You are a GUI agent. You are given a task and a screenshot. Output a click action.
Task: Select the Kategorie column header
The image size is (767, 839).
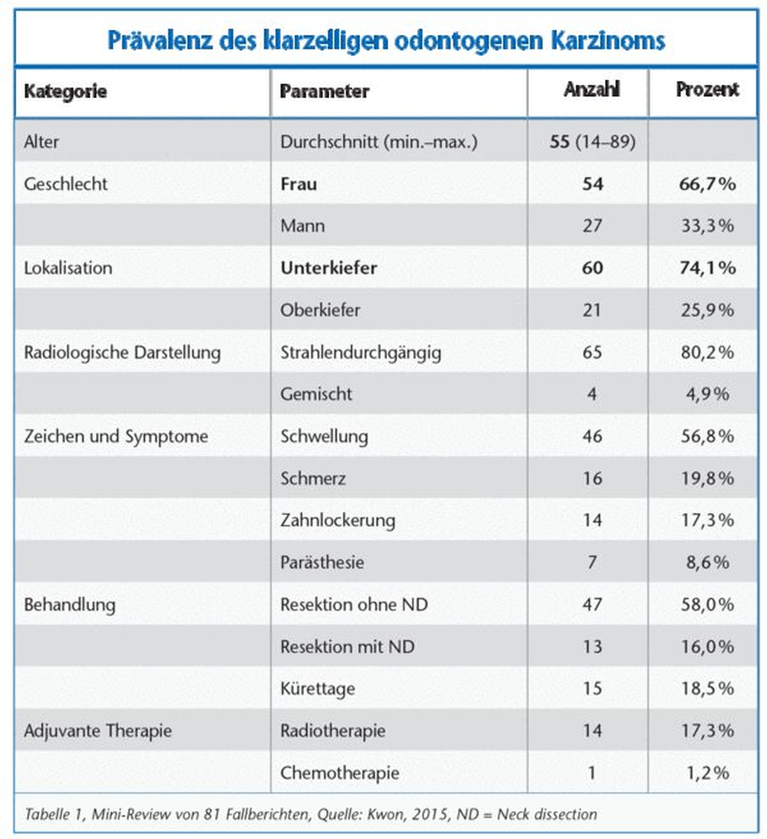coord(65,92)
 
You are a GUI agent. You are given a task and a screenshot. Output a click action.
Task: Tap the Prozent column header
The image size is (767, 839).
coord(707,90)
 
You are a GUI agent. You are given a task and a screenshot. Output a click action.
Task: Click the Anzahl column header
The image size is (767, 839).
coord(591,90)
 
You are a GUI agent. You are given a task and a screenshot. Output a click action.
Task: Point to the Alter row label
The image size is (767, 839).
coord(41,142)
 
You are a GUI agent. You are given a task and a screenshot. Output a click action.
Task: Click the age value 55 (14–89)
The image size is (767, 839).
coord(592,142)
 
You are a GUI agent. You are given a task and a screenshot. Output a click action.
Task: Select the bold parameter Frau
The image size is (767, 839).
coord(298,184)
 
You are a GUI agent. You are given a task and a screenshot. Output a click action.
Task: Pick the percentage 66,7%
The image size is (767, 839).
coord(707,184)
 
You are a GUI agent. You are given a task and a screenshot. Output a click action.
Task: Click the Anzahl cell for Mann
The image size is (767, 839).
coord(592,226)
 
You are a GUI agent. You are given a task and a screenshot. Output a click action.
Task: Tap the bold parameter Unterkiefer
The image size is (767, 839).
coord(329,268)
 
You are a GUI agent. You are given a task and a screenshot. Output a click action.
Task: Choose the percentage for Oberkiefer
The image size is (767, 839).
coord(707,310)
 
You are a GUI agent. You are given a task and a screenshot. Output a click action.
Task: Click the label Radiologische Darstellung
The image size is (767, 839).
coord(122,353)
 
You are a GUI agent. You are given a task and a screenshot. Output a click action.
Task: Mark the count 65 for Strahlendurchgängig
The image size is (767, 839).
coord(592,353)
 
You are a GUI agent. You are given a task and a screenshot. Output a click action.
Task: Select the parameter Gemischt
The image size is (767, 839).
coord(316,394)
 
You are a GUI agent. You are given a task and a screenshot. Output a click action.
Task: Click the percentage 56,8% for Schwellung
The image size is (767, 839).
coord(707,436)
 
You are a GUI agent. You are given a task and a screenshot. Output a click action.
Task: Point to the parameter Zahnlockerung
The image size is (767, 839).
coord(337,520)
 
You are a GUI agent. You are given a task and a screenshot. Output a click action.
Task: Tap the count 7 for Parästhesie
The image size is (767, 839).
coord(592,562)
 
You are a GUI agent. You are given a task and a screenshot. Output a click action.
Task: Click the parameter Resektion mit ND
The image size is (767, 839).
coord(347,646)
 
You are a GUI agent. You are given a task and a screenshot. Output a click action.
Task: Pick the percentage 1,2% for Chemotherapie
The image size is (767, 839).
coord(707,773)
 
